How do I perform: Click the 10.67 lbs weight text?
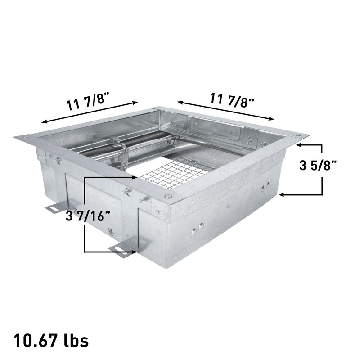pos(51,340)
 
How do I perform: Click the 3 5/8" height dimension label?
pos(318,165)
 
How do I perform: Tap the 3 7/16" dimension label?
pos(88,216)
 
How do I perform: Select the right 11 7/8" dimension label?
pos(232,100)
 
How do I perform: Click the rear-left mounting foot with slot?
pos(55,208)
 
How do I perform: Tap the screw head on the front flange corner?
pos(168,196)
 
